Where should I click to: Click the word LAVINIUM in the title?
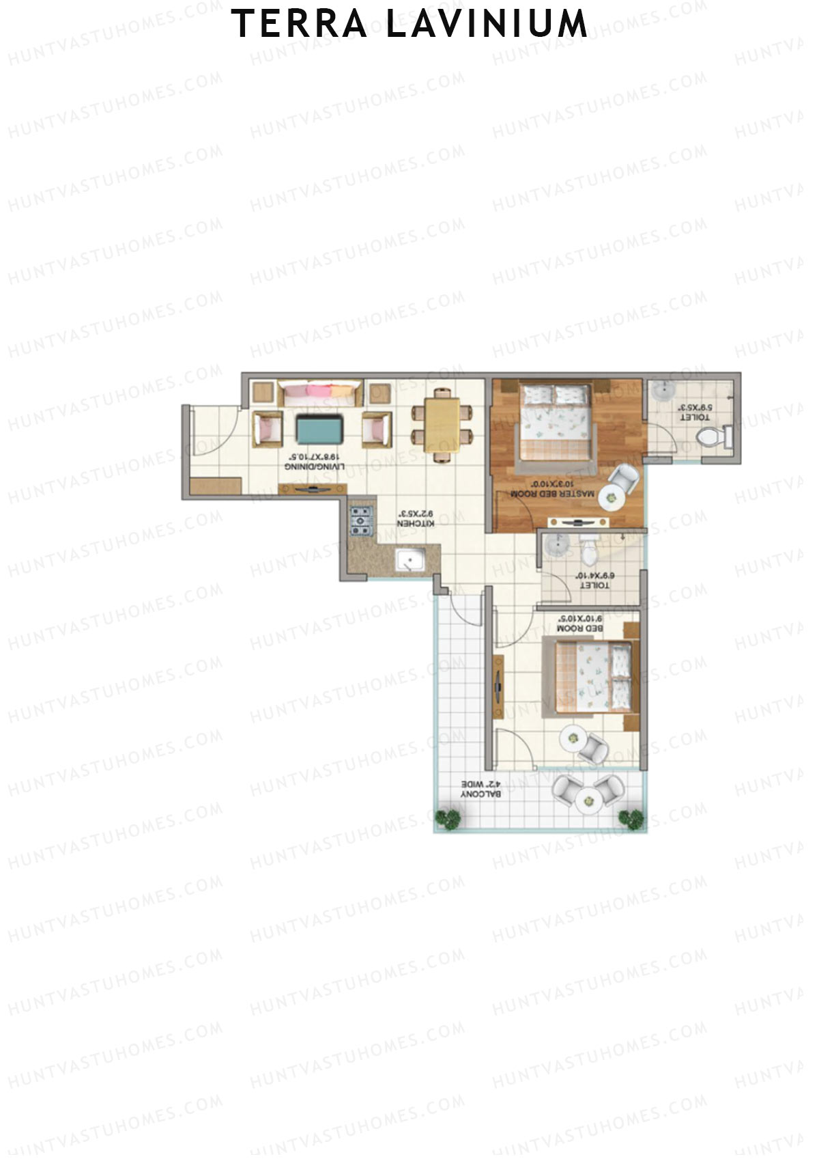487,25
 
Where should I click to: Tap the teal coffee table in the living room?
319,428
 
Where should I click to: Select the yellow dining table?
442,425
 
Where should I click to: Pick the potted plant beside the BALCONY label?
448,818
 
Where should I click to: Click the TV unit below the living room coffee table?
313,488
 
